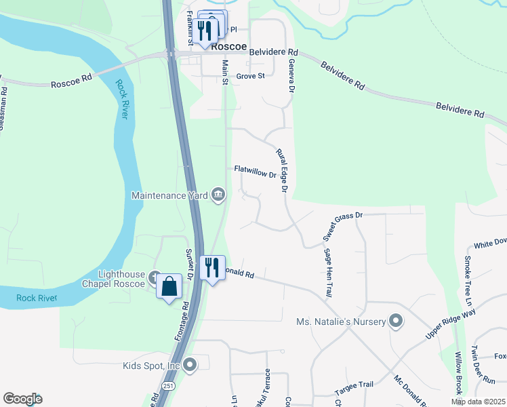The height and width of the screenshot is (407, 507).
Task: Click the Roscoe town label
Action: [229, 47]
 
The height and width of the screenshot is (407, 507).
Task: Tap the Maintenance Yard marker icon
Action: [218, 195]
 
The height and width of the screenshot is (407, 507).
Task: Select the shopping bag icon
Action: [169, 287]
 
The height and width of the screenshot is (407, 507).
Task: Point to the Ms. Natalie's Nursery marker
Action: [396, 321]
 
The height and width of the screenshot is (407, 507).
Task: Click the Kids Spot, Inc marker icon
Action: [190, 366]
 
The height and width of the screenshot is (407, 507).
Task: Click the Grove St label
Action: [250, 77]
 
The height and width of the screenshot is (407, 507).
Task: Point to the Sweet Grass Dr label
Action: [343, 226]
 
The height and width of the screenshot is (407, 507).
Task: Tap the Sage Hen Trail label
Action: [328, 273]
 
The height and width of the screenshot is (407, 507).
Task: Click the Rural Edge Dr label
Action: [283, 170]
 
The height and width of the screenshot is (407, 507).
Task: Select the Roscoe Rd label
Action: [71, 82]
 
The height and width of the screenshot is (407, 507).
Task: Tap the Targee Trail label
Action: [354, 385]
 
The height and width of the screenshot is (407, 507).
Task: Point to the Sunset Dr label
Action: [190, 265]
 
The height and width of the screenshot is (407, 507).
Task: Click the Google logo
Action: [22, 399]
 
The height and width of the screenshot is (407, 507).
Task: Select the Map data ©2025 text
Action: [478, 402]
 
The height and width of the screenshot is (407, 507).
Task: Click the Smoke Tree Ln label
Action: [468, 275]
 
